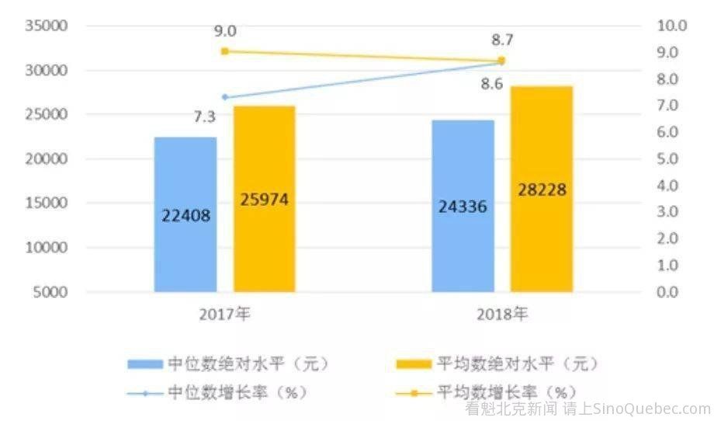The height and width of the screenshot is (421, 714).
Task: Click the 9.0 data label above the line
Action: [x=226, y=31]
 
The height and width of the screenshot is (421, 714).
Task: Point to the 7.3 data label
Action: [x=204, y=117]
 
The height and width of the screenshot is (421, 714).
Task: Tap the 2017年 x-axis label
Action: [x=225, y=315]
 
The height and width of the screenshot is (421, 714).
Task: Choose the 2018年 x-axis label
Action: [x=502, y=315]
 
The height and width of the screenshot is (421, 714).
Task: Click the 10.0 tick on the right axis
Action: [x=671, y=26]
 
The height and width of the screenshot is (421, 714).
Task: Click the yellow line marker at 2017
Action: [x=225, y=51]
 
